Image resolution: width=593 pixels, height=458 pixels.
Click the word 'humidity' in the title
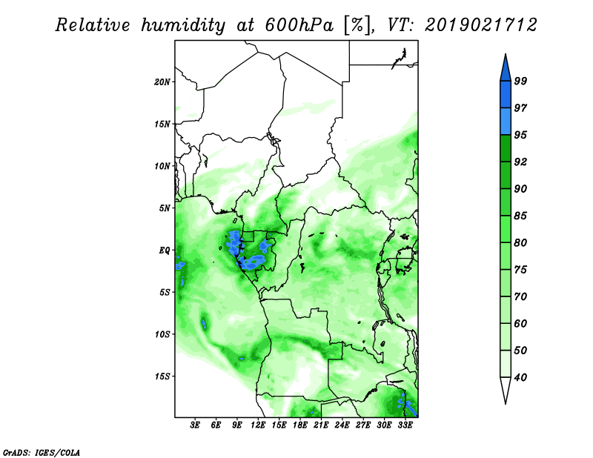pos(183,26)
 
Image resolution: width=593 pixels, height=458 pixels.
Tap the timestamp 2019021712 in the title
pos(480,25)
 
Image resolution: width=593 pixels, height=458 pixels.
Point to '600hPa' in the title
pos(299,25)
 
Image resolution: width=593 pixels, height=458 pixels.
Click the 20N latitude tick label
pos(162,82)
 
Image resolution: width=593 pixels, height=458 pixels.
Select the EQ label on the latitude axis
pos(165,250)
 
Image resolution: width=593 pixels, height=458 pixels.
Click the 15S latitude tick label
pos(162,376)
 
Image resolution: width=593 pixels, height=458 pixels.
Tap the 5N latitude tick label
pos(165,208)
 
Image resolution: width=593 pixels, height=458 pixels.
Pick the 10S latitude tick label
pos(162,334)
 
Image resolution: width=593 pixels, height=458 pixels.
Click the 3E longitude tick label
pos(195,425)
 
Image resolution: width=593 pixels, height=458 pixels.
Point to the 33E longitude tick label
pos(405,425)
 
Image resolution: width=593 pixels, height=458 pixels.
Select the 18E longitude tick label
pos(300,425)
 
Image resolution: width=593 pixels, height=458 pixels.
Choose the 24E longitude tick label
pos(342,425)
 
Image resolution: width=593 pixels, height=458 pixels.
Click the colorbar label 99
pos(520,81)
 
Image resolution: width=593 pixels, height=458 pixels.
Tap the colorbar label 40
pos(520,377)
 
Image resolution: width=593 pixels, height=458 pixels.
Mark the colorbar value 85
pos(520,216)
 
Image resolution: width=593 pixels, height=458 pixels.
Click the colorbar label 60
pos(520,323)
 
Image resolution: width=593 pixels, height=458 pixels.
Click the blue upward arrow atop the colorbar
pos(506,70)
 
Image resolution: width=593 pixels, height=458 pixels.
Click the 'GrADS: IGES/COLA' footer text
pos(42,453)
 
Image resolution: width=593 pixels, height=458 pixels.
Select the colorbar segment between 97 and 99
pos(506,95)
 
